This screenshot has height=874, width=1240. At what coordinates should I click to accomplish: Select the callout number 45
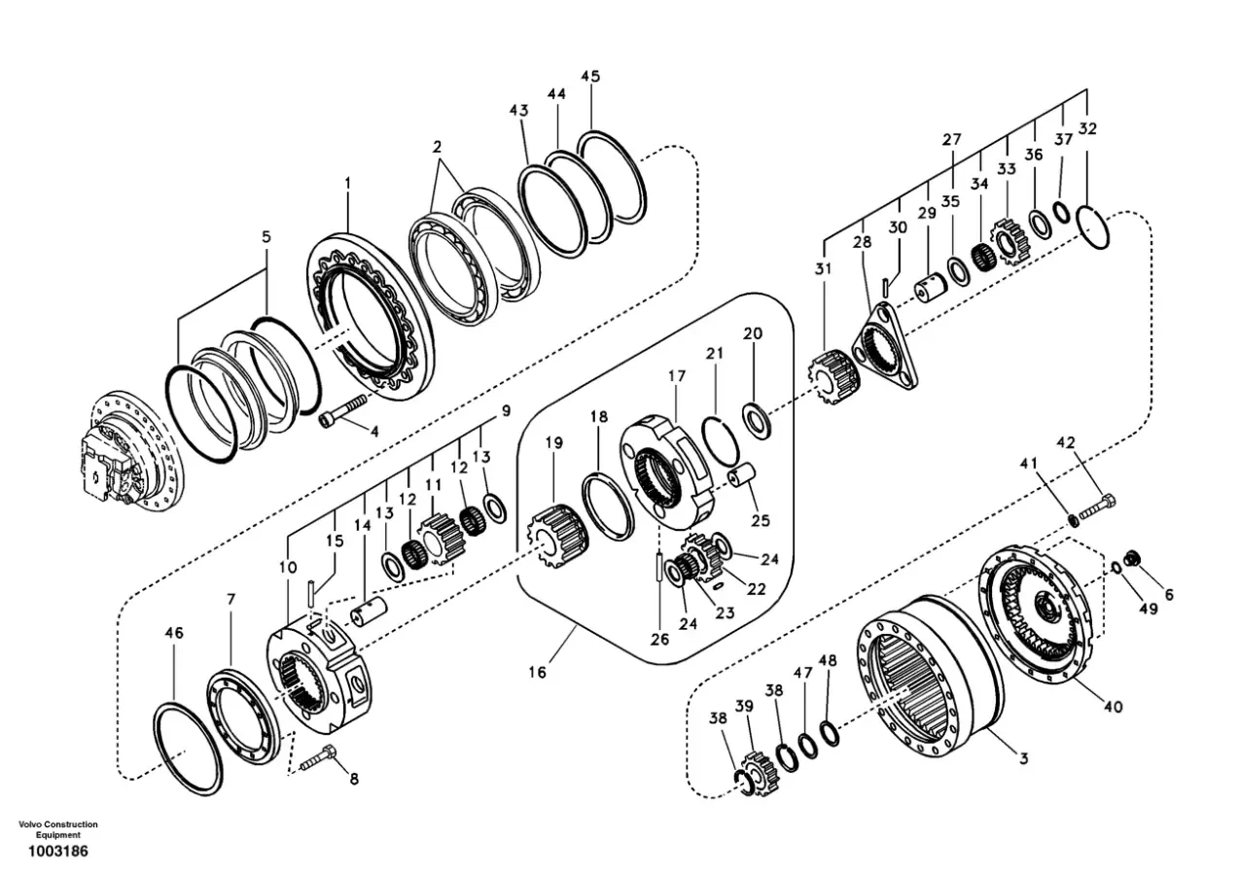(x=590, y=76)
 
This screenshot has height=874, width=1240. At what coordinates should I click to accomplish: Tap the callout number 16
(x=538, y=671)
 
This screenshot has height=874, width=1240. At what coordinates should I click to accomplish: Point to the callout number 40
(x=1113, y=706)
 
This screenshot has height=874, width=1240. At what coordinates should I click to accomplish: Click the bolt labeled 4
(x=344, y=408)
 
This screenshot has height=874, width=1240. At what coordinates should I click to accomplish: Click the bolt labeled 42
(x=1097, y=505)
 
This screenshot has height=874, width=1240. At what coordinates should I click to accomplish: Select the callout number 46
(x=174, y=633)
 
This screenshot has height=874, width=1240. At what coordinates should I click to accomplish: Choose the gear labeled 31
(x=833, y=373)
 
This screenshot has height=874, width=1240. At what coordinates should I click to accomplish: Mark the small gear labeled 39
(x=757, y=772)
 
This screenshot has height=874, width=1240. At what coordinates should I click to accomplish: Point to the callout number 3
(x=1023, y=757)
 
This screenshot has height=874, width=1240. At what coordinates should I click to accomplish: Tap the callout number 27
(x=950, y=140)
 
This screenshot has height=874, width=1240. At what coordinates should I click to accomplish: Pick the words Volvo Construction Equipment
(x=58, y=829)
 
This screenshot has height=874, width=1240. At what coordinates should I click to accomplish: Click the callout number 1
(x=347, y=182)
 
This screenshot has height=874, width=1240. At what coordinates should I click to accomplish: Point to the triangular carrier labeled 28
(x=885, y=347)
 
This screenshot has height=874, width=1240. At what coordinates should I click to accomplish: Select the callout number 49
(x=1149, y=609)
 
